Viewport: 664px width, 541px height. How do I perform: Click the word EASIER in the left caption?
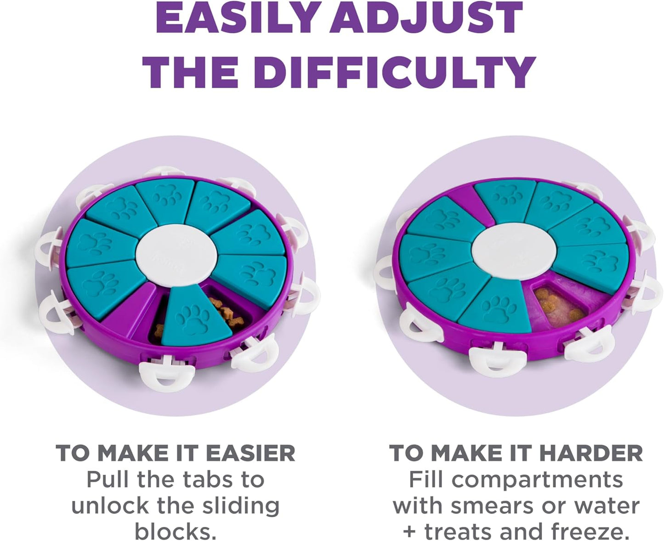(250, 453)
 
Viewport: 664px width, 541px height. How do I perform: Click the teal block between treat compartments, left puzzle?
(196, 318)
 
